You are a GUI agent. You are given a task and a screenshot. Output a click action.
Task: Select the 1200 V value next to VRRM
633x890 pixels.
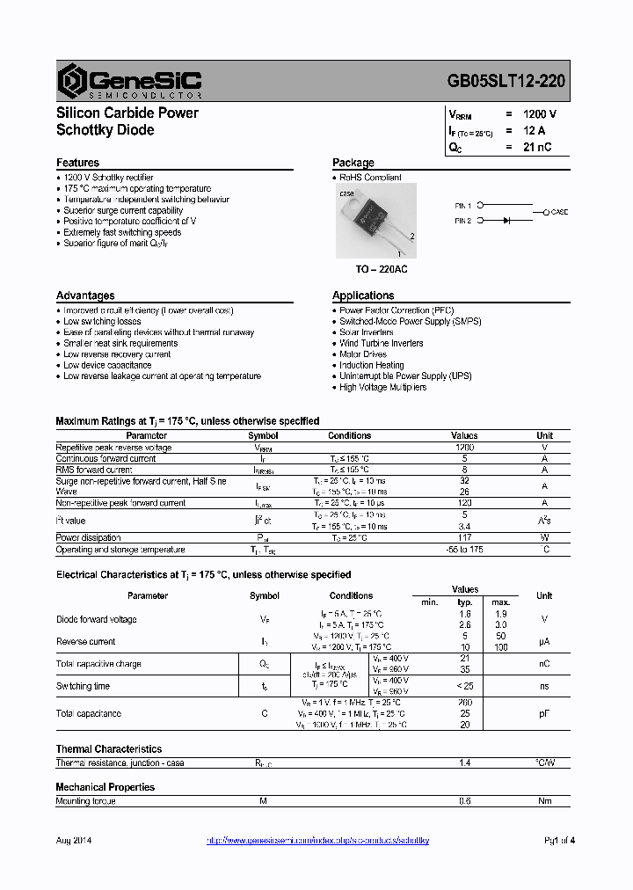click(x=539, y=114)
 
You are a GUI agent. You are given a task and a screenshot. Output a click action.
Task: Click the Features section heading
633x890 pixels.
click(x=77, y=163)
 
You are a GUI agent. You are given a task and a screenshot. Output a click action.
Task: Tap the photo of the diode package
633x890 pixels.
click(x=373, y=221)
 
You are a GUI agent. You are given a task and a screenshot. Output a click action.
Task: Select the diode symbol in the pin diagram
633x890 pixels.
click(x=506, y=221)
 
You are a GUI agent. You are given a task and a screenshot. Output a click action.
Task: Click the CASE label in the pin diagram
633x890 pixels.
click(x=559, y=213)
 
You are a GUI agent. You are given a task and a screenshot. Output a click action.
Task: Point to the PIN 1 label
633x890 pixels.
click(x=463, y=205)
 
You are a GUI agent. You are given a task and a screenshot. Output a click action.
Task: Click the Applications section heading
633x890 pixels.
click(x=363, y=295)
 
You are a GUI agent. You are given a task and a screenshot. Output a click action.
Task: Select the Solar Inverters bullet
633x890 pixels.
click(x=367, y=332)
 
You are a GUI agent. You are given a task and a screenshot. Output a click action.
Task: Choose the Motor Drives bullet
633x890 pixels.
click(x=362, y=354)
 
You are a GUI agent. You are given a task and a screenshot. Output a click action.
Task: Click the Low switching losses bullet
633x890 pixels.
click(x=102, y=322)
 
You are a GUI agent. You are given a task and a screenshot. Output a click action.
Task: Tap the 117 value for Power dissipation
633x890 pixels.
click(x=464, y=537)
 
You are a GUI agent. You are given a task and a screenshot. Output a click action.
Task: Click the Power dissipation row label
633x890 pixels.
click(x=88, y=537)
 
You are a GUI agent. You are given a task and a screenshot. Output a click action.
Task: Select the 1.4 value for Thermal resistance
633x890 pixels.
click(x=464, y=763)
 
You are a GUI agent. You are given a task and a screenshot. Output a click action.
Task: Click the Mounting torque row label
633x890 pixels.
click(x=85, y=801)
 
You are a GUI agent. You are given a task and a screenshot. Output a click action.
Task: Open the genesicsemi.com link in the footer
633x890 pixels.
click(x=317, y=841)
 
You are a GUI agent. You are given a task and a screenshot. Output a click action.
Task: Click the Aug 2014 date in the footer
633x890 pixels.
click(x=74, y=841)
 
